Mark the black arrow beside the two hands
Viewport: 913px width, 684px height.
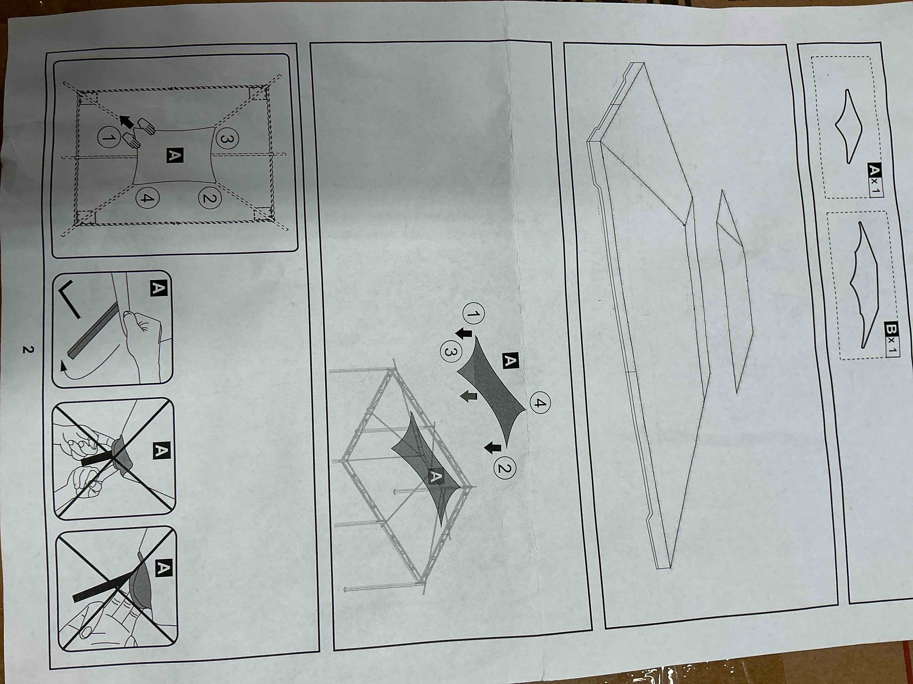[126, 122]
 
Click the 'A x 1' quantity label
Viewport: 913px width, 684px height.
[875, 180]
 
